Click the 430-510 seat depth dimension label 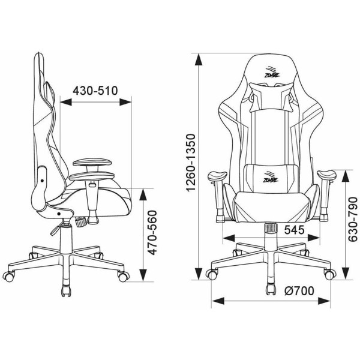pos(95,91)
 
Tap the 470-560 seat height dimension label pos(152,233)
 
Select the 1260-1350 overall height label pos(191,163)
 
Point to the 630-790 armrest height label pos(353,219)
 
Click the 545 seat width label pos(295,230)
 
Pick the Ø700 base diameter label pos(299,291)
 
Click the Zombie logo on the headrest pos(272,73)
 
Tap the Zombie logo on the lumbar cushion pos(271,177)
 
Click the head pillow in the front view pos(272,97)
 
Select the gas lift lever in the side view pos(57,228)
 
